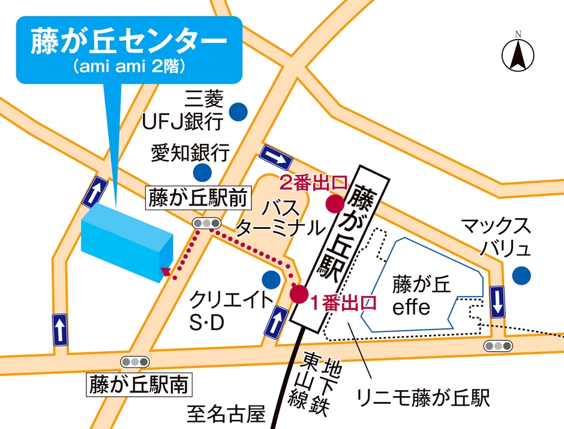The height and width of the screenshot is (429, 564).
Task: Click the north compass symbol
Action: point(518,53)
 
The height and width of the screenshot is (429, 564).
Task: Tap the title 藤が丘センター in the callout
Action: point(128,43)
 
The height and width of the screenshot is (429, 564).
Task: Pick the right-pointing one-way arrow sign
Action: point(276,157)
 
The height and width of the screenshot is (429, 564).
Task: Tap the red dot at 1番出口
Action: point(299,294)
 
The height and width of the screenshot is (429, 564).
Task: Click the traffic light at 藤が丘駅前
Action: point(206,223)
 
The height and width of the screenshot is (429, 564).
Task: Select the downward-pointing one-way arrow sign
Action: point(497,301)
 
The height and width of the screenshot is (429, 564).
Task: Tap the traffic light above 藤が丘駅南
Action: point(134,361)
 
